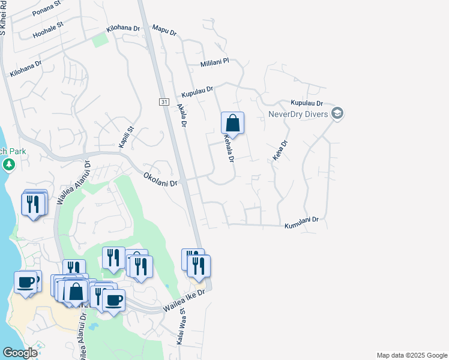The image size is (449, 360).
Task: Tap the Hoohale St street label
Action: pyautogui.click(x=48, y=28)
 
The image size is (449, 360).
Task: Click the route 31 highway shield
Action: pyautogui.click(x=163, y=103)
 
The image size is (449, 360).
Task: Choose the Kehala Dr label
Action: pyautogui.click(x=228, y=148)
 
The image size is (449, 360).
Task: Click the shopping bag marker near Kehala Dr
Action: pyautogui.click(x=232, y=123)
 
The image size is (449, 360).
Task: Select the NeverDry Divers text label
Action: pyautogui.click(x=298, y=114)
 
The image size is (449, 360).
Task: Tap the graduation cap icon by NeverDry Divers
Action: pyautogui.click(x=337, y=113)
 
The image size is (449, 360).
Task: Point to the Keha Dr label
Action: pyautogui.click(x=277, y=151)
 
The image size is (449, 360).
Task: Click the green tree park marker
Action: pyautogui.click(x=8, y=164)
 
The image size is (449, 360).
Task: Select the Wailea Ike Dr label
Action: pyautogui.click(x=184, y=301)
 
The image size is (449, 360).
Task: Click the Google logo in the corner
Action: pyautogui.click(x=20, y=353)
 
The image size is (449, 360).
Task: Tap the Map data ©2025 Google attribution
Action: pyautogui.click(x=412, y=355)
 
